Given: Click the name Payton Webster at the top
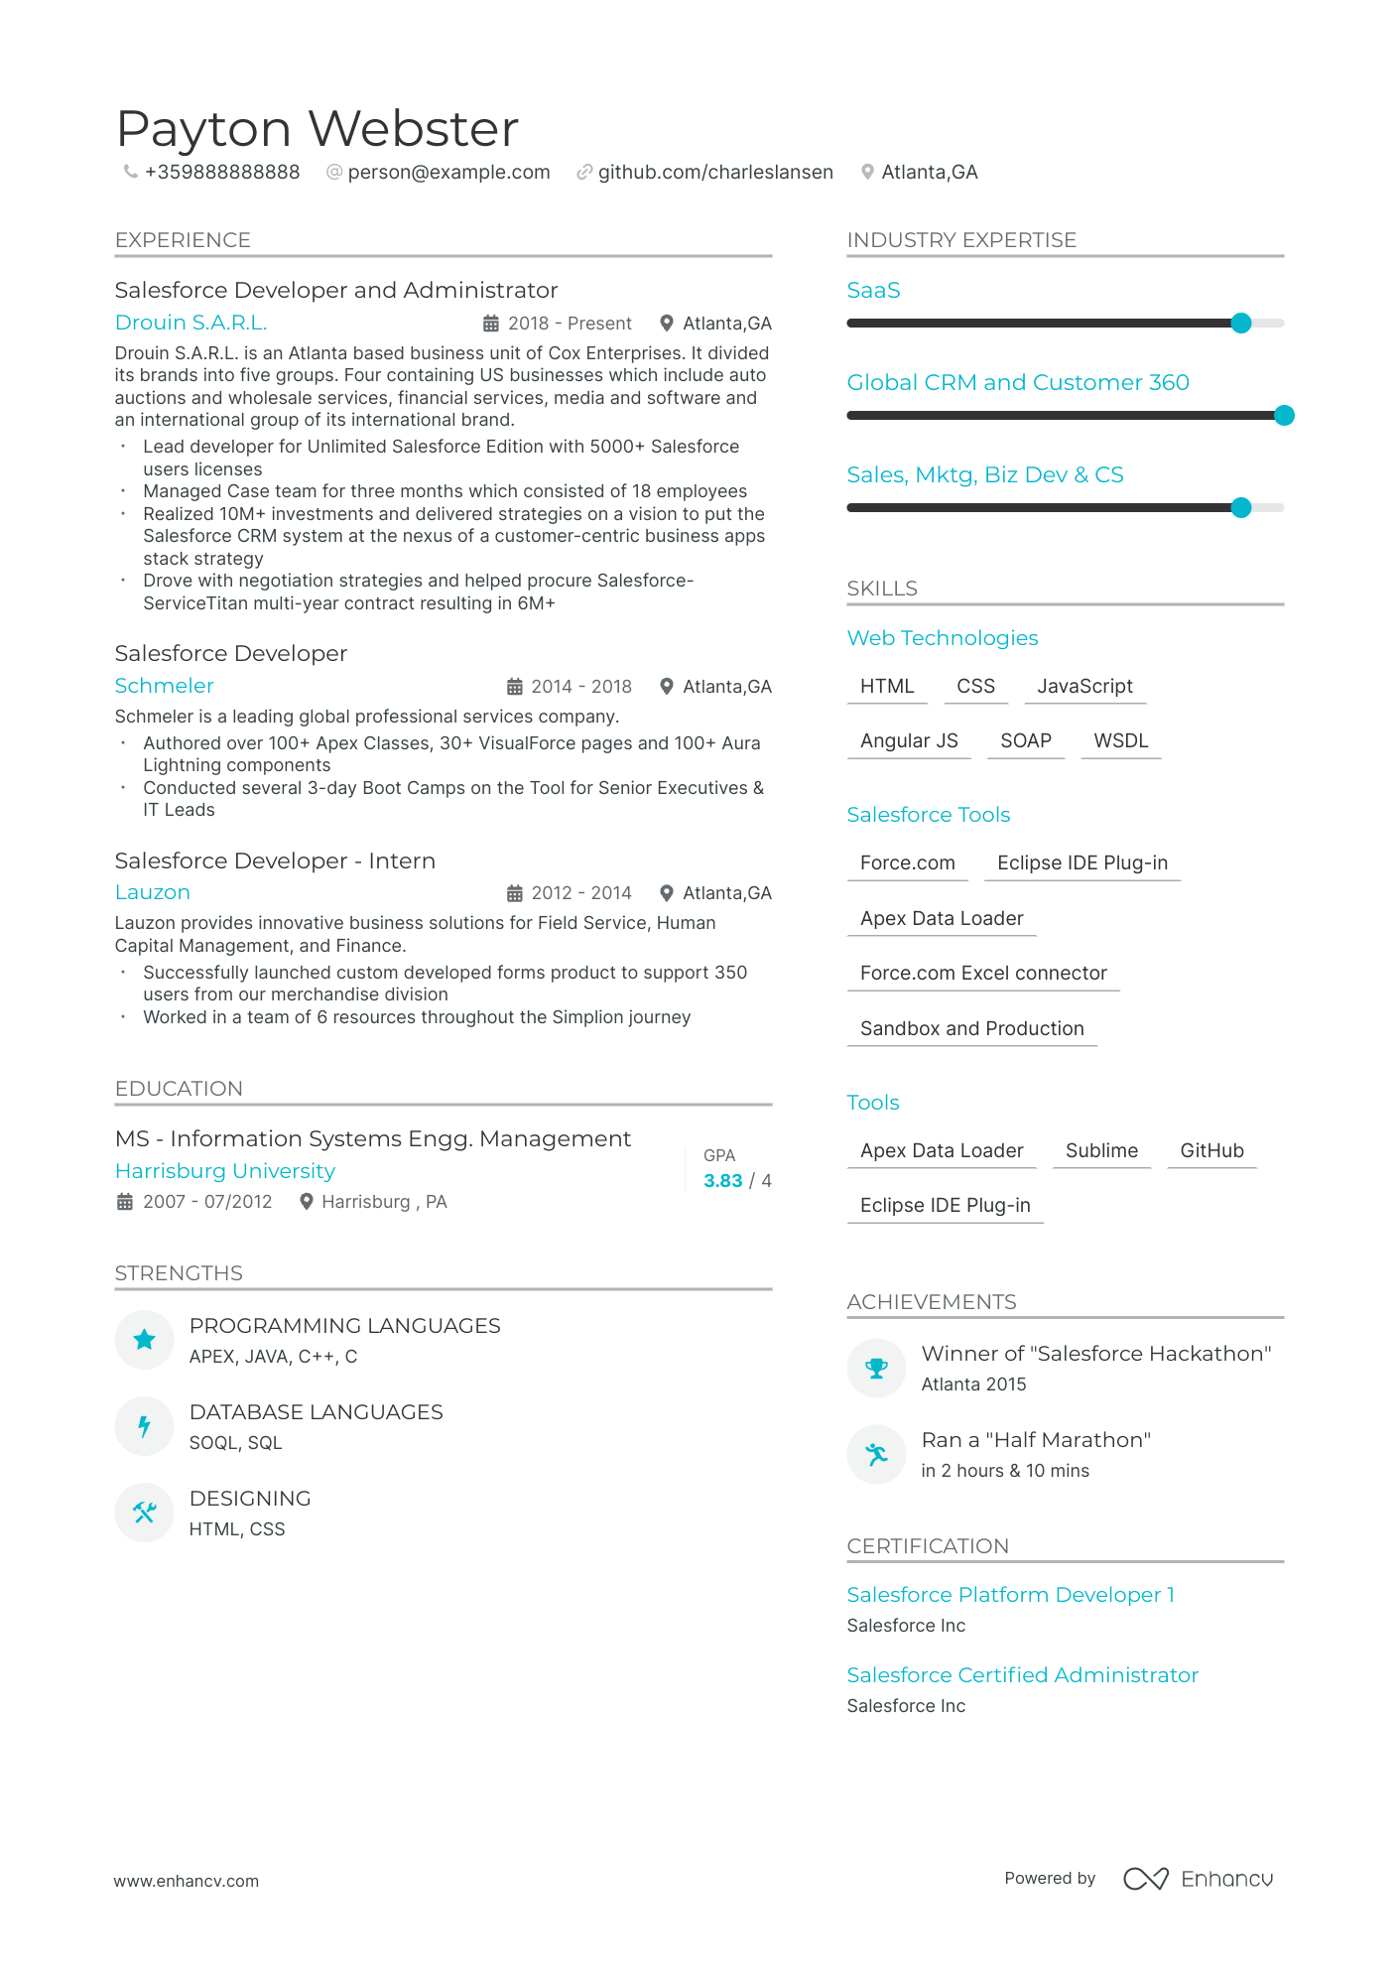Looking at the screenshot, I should click(x=318, y=129).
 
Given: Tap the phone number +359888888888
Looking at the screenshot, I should click(x=221, y=172).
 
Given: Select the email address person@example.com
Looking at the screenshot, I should click(x=448, y=172).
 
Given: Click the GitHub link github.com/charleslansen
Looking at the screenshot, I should click(x=714, y=172).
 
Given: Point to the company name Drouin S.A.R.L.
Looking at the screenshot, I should click(x=191, y=323).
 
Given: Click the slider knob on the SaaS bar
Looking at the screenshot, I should click(x=1240, y=323).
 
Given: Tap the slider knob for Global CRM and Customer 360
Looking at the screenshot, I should click(x=1284, y=415).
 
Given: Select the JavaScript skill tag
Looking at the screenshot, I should click(x=1084, y=686).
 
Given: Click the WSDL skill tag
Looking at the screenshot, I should click(x=1120, y=740).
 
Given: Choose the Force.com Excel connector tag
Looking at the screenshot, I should click(x=982, y=973).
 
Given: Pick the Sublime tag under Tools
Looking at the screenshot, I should click(x=1101, y=1150).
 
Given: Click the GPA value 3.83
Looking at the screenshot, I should click(x=722, y=1180).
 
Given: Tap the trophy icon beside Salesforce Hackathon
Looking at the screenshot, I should click(x=876, y=1369).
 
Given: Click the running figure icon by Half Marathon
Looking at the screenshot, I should click(x=876, y=1455).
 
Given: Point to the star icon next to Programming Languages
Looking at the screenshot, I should click(x=145, y=1340).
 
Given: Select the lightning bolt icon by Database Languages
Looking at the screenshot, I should click(x=145, y=1426).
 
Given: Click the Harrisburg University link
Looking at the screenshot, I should click(x=225, y=1171).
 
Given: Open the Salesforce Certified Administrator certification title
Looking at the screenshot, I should click(x=1022, y=1675).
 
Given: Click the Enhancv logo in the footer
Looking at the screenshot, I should click(x=1198, y=1879).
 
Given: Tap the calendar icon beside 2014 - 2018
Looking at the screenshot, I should click(x=515, y=687).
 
